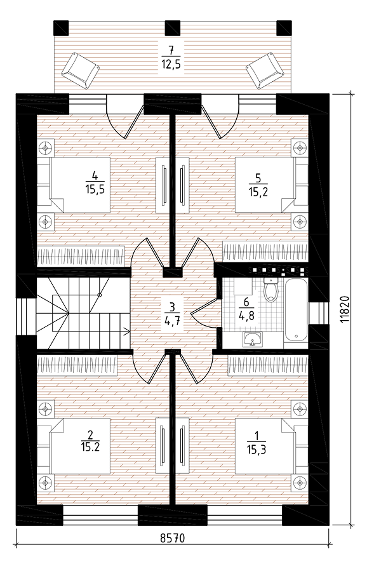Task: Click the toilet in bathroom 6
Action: pos(270,290)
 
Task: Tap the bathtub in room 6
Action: pos(296,310)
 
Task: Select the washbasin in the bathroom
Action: pos(252,339)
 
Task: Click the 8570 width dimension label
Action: pos(173,538)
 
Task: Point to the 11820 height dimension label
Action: pos(345,308)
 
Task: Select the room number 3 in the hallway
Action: pos(172,307)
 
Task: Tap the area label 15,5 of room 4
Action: pos(95,189)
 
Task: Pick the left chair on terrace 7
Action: pos(80,70)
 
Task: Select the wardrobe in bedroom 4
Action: pos(81,256)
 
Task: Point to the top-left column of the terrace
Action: pos(61,28)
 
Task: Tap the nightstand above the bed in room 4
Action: pos(46,148)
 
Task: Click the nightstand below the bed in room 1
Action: pos(300,483)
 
